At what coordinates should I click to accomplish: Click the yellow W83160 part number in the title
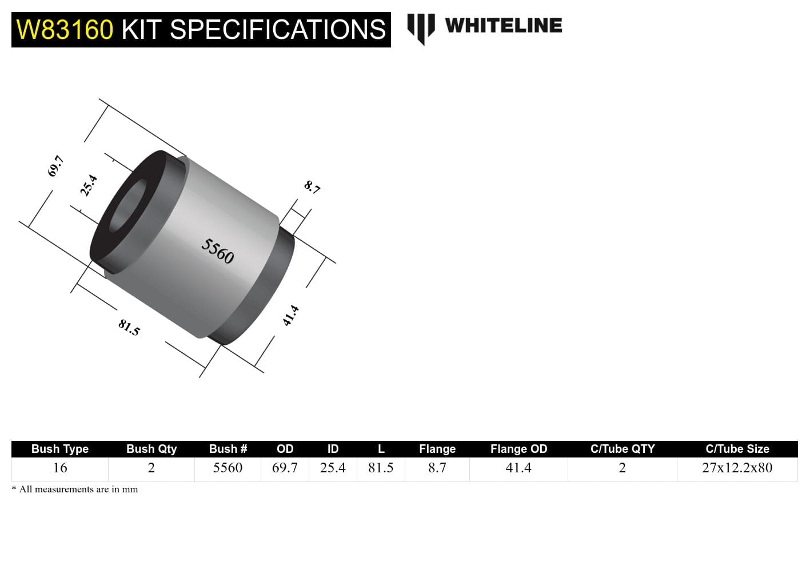coord(65,30)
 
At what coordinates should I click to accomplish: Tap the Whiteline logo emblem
coord(421,28)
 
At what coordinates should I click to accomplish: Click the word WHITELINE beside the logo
coord(503,26)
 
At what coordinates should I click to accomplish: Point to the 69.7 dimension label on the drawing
coord(55,166)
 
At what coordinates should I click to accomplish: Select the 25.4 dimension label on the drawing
coord(89,185)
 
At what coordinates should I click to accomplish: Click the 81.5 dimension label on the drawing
coord(129,327)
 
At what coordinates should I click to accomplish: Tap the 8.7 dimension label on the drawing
coord(312,186)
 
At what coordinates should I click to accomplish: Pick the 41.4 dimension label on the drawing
coord(291,315)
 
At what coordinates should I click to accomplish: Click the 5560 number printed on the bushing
coord(218,251)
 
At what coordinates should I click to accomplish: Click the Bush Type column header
coord(60,449)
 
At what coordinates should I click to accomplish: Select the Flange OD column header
coord(518,449)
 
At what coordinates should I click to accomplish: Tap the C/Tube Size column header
coord(737,449)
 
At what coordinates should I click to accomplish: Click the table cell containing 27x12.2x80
coord(737,468)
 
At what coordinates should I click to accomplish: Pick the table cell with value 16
coord(60,468)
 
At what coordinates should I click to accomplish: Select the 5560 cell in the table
coord(228,468)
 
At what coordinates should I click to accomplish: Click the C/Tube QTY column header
coord(622,449)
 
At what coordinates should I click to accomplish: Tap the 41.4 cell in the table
coord(518,468)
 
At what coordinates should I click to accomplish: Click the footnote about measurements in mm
coord(75,490)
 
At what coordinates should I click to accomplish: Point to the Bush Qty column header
coord(151,449)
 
